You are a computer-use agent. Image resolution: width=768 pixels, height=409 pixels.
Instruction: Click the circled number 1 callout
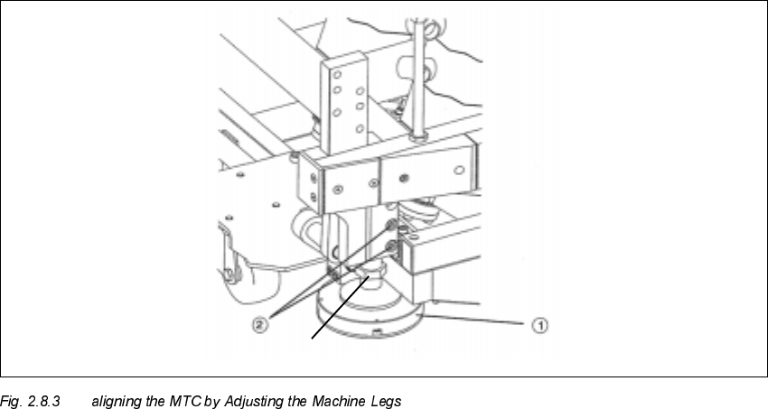tap(540, 322)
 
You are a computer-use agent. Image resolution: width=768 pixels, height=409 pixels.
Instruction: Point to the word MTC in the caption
tap(177, 400)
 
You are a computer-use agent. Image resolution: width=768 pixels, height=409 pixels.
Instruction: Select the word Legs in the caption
tap(383, 400)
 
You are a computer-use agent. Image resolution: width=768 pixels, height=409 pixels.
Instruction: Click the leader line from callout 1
tap(479, 320)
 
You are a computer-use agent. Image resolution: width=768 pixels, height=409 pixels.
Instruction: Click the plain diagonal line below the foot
tap(340, 308)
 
